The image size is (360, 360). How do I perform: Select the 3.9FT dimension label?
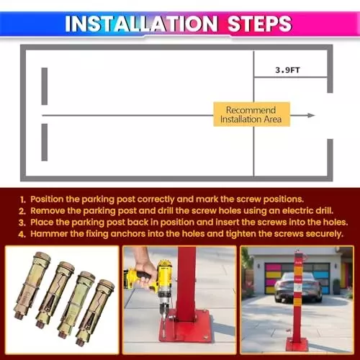tap(288, 70)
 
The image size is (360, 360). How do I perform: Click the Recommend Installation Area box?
tap(251, 114)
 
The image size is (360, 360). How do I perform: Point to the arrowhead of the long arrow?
tap(311, 115)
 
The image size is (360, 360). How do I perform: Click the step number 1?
tap(23, 198)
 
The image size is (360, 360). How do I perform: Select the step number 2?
tap(23, 210)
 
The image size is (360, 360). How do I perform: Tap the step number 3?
tap(23, 222)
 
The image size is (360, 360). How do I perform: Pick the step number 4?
tap(23, 233)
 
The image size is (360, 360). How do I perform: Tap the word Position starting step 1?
tap(49, 198)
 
